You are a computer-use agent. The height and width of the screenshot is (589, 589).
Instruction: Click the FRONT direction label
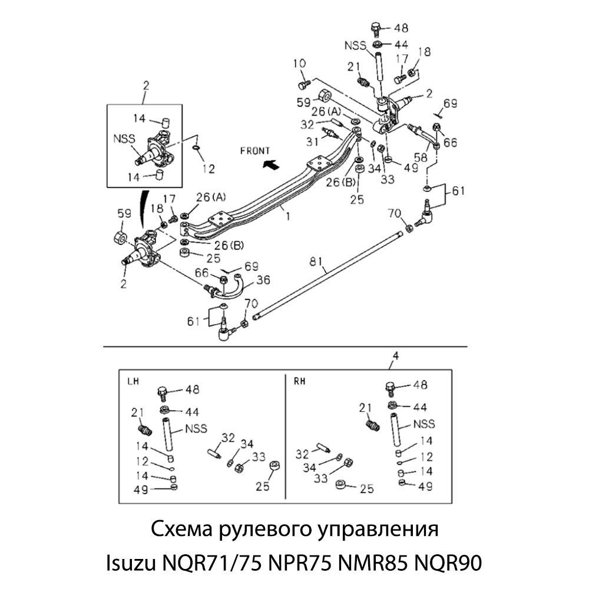(255, 151)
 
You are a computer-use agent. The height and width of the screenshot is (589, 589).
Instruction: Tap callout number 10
(300, 63)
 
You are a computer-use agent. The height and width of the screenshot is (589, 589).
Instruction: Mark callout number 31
(313, 141)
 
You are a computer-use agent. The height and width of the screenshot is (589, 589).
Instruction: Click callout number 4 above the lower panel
(396, 356)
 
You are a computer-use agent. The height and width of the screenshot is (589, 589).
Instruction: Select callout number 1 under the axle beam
(287, 216)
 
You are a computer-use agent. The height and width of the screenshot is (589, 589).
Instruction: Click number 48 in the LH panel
(192, 390)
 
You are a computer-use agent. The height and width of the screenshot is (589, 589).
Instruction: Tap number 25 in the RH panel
(366, 488)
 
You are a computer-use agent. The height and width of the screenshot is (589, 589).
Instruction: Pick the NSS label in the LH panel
(196, 428)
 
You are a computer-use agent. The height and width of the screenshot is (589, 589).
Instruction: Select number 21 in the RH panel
(366, 407)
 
